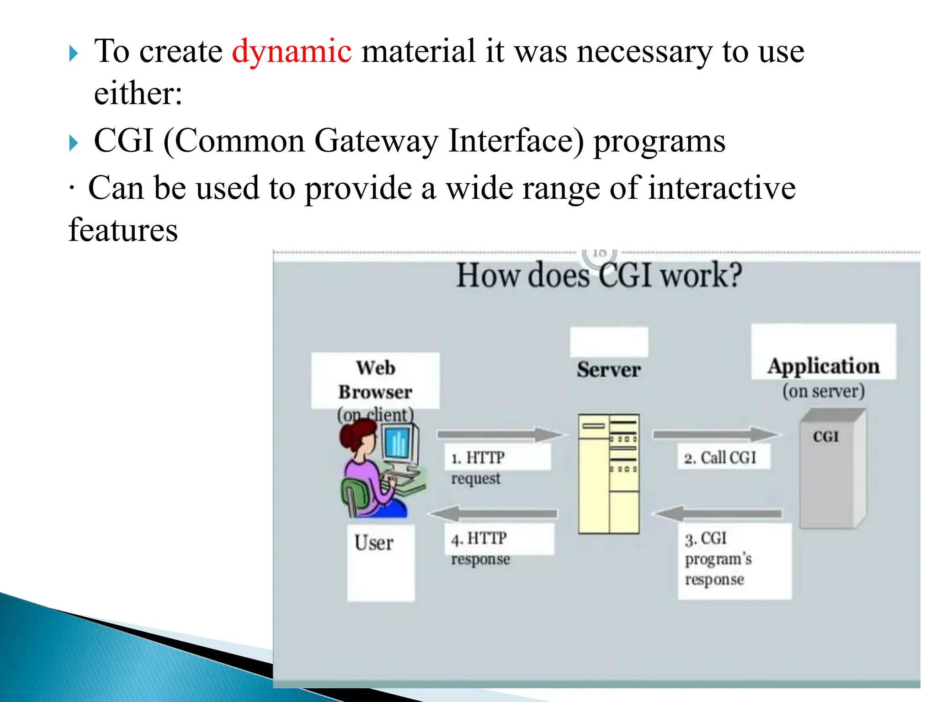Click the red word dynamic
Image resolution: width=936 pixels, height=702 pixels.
(x=292, y=51)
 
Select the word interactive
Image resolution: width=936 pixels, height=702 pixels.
(x=722, y=188)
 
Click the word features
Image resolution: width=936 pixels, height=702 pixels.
(x=123, y=230)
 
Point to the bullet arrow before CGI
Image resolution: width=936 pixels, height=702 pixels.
(x=74, y=143)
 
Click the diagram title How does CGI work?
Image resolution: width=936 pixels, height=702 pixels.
(x=599, y=276)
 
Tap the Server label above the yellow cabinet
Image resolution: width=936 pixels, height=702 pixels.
(x=609, y=369)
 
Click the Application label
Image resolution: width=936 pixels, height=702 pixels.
(x=824, y=366)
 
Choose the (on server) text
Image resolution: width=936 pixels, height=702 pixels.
(x=824, y=391)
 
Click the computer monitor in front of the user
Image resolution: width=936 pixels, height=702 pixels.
(x=399, y=443)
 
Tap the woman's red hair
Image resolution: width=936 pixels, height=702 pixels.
(x=356, y=434)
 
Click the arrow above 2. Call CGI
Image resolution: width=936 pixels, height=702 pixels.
(x=715, y=434)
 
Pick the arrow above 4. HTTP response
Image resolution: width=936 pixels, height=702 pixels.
(x=494, y=514)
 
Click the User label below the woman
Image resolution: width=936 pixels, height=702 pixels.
(x=374, y=543)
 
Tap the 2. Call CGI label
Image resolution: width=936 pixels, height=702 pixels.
(x=720, y=457)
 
